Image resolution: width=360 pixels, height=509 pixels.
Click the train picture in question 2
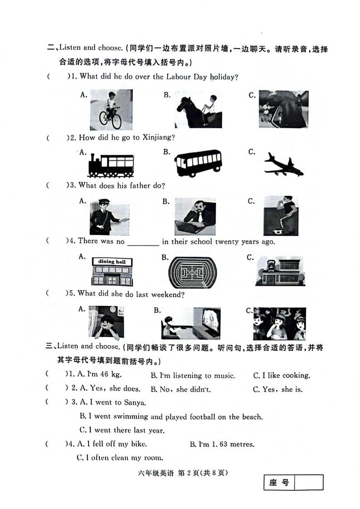(x=111, y=164)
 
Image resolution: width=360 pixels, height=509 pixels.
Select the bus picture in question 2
(x=198, y=163)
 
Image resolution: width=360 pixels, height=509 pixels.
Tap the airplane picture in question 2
(x=283, y=164)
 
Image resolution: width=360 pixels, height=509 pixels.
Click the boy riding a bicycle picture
(x=111, y=110)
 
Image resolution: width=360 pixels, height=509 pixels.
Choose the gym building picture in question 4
(x=279, y=271)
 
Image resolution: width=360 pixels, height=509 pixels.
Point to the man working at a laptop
(x=195, y=216)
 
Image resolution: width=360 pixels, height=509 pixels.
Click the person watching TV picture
(x=190, y=323)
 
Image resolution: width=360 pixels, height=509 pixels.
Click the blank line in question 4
(x=143, y=242)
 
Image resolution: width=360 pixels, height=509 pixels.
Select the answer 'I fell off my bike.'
(x=115, y=444)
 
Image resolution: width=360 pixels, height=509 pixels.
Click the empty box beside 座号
(x=308, y=482)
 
